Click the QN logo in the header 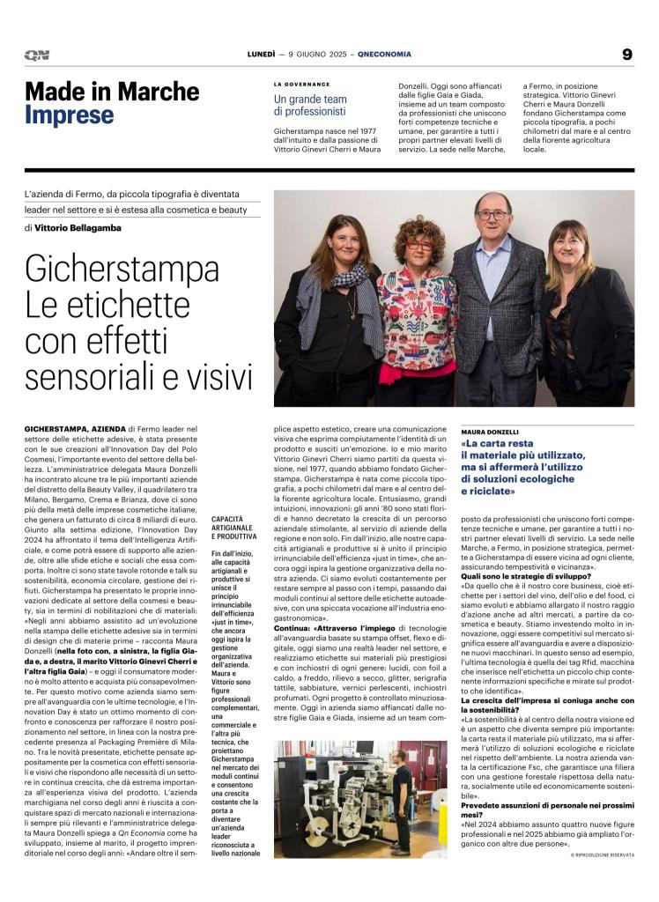coord(37,55)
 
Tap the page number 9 coord(626,55)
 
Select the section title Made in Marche coord(112,91)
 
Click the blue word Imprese coord(70,115)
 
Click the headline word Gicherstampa coord(122,268)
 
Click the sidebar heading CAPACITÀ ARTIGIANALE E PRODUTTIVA coord(235,528)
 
